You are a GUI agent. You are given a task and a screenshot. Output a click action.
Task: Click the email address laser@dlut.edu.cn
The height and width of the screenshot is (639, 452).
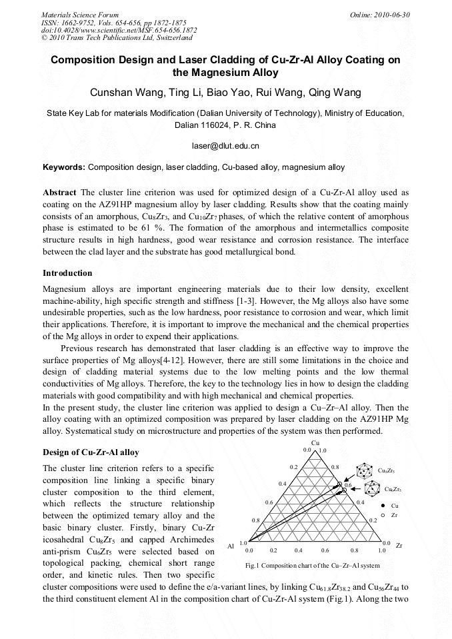point(225,145)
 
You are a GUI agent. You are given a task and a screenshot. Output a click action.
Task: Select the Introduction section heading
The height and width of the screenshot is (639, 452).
point(67,273)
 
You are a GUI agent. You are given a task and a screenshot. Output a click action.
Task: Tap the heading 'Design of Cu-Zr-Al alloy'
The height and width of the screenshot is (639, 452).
point(91,452)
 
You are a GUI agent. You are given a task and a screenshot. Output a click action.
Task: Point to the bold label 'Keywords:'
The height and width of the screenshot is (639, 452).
point(64,167)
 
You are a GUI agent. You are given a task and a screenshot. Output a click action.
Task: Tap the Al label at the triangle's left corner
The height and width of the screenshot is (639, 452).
point(231,546)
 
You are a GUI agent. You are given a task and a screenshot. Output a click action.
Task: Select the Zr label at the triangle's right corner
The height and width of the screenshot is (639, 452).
point(399,546)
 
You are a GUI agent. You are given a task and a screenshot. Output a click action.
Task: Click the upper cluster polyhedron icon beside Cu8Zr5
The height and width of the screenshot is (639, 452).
point(364,470)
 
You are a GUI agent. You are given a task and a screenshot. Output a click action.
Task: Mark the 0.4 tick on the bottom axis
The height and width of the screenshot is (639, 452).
point(298,551)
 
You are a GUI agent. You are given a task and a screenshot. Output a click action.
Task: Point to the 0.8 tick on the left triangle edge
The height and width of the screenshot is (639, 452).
point(255,520)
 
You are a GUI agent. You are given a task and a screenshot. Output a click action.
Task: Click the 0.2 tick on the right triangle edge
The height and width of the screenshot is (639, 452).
point(373,520)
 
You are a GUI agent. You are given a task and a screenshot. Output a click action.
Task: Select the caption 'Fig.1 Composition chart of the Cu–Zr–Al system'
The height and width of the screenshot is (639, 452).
point(313,566)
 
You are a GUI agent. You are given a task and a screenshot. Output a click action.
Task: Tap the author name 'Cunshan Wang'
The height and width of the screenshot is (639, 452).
point(123,92)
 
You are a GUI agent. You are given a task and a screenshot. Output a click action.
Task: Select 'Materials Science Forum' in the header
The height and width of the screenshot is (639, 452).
point(80,15)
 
